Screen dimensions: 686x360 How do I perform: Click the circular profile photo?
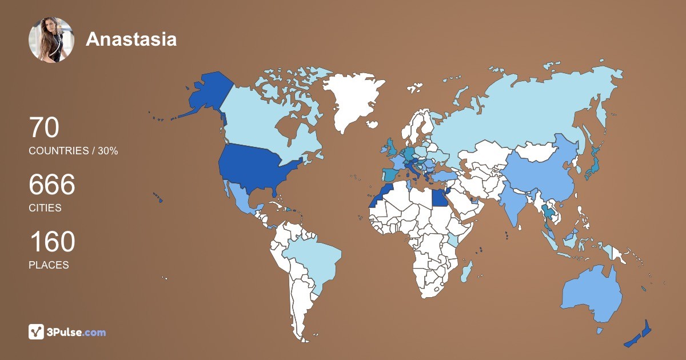51,39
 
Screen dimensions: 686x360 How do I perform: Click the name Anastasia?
131,39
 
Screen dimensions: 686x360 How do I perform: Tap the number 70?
44,127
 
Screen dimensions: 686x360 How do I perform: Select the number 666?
52,185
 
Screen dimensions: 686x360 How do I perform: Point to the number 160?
52,242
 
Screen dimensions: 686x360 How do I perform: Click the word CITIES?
45,208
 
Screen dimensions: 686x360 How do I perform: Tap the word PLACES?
49,265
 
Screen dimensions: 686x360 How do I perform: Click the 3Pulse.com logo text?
77,332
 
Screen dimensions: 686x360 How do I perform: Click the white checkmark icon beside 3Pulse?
36,332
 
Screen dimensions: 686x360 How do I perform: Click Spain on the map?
390,174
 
